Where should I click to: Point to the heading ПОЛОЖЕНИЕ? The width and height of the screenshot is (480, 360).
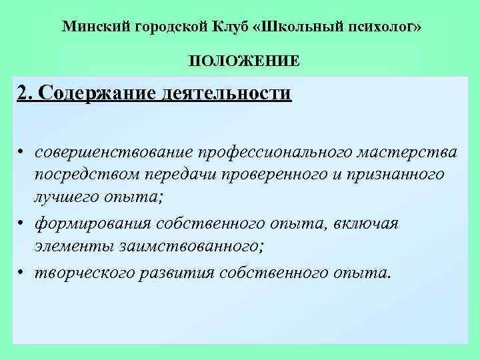click(243, 62)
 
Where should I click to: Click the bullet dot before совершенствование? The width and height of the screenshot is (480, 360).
click(22, 153)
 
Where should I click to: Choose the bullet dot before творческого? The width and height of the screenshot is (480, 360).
click(22, 272)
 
